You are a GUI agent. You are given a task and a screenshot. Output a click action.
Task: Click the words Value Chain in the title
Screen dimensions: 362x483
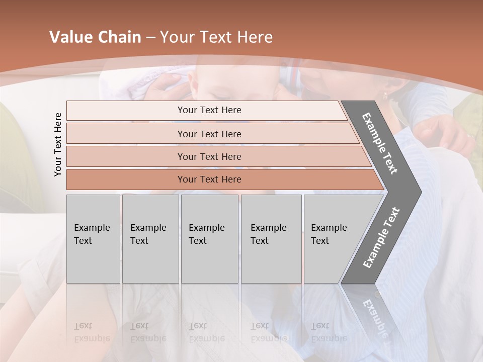[95, 37]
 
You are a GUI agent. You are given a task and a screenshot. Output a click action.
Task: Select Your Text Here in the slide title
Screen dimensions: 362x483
[216, 37]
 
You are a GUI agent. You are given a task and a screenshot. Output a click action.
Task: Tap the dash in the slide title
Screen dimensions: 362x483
[150, 38]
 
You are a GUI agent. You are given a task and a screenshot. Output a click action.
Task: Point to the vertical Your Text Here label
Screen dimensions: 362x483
[58, 145]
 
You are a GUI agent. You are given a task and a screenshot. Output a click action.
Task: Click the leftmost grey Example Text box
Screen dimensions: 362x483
[93, 239]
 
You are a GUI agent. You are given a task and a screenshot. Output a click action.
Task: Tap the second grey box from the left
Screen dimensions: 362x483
[150, 239]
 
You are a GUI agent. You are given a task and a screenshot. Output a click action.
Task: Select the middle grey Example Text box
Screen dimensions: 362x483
[209, 239]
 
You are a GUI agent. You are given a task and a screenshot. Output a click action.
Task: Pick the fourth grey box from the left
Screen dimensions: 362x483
[271, 239]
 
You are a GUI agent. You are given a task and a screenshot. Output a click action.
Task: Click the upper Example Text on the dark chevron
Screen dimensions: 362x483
[380, 143]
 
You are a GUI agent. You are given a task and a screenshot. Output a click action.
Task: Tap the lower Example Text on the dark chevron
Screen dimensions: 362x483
[381, 237]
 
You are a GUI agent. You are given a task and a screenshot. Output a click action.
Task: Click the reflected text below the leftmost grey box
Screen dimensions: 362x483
[92, 332]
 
